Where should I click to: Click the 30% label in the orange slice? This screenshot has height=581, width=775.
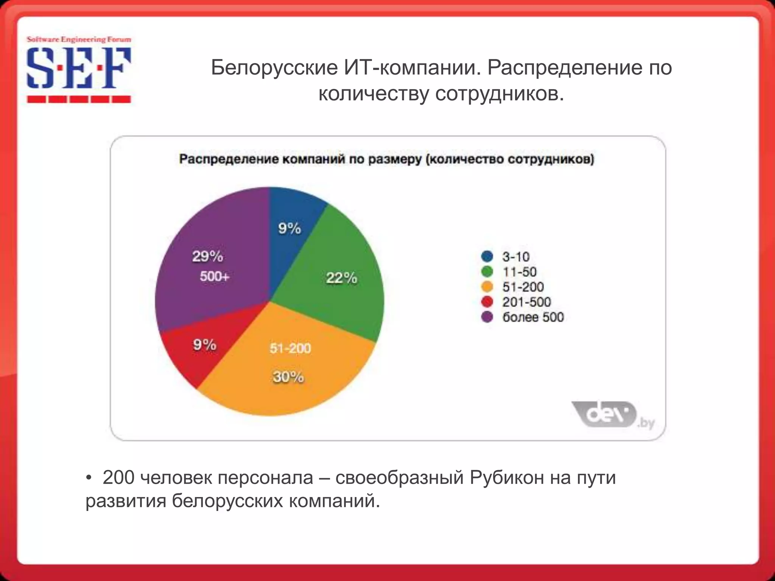(288, 377)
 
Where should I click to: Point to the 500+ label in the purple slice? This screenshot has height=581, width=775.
(215, 277)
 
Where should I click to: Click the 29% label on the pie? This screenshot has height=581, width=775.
(207, 256)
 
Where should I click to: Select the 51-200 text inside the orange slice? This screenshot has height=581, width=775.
(290, 348)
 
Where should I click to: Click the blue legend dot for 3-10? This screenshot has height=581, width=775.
(487, 256)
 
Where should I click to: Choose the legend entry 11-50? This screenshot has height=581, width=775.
(519, 272)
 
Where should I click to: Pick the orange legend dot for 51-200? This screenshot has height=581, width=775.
(487, 287)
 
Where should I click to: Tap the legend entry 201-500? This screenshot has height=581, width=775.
(526, 302)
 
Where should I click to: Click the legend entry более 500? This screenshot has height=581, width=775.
(533, 317)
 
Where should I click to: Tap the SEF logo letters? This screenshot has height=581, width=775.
(79, 68)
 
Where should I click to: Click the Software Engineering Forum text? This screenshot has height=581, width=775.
(79, 39)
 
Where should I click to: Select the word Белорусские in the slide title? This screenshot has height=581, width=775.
(274, 68)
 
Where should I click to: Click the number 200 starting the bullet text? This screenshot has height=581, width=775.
(118, 477)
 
